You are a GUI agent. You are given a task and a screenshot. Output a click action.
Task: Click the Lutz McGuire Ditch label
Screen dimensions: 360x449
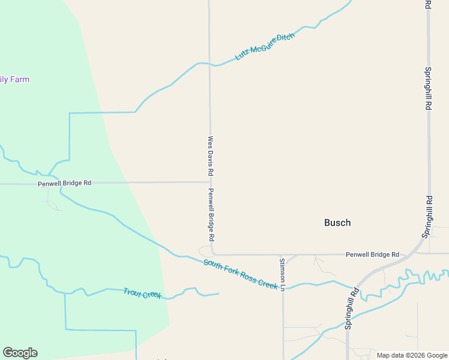click(265, 46)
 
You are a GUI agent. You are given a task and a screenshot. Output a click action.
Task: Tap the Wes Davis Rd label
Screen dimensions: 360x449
click(211, 155)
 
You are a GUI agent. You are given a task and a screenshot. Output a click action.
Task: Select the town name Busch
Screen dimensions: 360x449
click(337, 223)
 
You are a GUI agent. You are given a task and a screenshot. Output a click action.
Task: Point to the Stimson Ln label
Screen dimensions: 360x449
click(282, 274)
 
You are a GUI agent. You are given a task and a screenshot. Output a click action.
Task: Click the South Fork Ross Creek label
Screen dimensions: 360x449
click(240, 273)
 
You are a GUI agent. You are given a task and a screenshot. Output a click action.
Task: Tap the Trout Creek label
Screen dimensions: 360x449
click(142, 293)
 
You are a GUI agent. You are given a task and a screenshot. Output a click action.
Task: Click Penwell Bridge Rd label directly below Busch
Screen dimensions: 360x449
click(372, 254)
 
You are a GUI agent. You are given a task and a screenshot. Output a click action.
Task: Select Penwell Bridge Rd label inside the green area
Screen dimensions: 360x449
click(64, 183)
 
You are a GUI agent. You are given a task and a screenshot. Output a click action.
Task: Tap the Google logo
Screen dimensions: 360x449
click(20, 353)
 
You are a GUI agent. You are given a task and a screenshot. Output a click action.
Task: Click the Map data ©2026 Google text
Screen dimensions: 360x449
click(411, 355)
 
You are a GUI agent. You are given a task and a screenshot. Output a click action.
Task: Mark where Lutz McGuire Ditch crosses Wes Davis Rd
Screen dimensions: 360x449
click(209, 63)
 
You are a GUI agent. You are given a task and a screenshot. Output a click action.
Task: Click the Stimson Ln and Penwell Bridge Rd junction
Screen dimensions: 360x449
click(283, 254)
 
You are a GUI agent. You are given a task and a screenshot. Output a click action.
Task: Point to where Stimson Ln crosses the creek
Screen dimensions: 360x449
click(283, 287)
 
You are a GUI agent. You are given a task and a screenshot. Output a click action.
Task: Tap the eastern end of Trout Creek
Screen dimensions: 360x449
click(218, 293)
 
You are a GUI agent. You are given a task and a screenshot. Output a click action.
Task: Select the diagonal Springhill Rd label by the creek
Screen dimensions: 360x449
click(351, 308)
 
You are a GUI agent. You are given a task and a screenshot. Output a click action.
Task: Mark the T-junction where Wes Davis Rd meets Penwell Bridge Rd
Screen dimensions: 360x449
click(209, 182)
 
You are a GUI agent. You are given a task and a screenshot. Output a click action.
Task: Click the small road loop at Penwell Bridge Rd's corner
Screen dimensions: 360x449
click(205, 250)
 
